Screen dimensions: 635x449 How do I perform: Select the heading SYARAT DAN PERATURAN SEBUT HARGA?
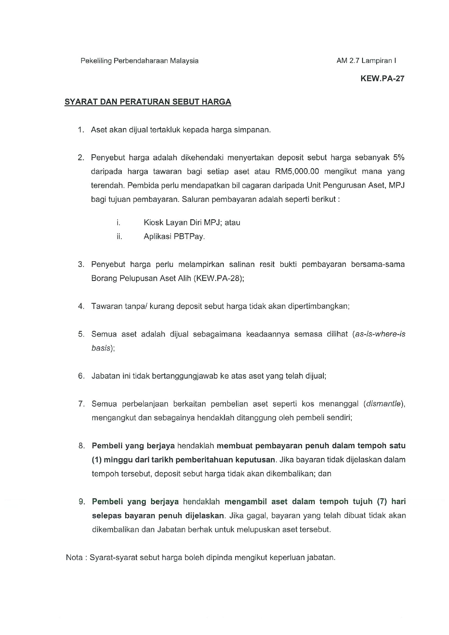coord(148,102)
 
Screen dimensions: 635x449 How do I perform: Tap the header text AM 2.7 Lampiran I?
coord(366,61)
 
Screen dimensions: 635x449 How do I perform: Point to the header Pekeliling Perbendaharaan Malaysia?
coord(139,61)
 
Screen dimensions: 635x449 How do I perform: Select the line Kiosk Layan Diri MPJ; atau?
coord(192,223)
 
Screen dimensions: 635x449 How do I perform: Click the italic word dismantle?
coord(383,404)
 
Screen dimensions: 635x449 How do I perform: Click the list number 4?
coord(81,306)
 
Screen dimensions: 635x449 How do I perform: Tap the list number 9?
coord(82,502)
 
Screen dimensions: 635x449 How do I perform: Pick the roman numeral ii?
coord(119,237)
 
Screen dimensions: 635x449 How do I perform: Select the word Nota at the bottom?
coord(74,558)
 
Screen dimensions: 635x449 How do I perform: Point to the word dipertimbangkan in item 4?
coord(318,306)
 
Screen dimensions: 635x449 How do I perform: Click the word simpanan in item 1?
coord(254,130)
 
